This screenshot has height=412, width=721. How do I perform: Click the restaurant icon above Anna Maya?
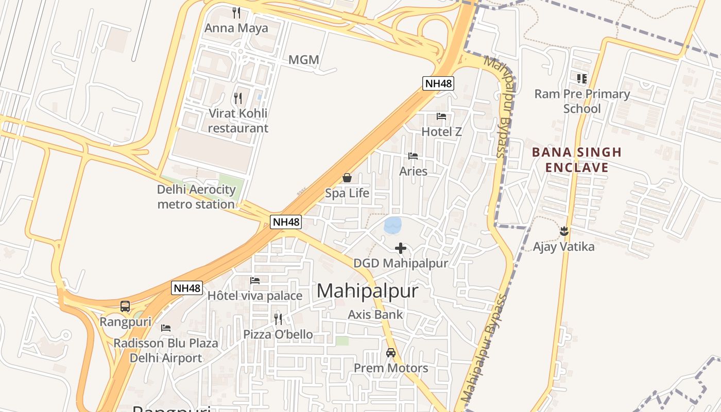pyautogui.click(x=236, y=12)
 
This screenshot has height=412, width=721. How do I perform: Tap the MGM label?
pyautogui.click(x=303, y=60)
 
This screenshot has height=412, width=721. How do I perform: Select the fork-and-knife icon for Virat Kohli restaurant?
pyautogui.click(x=237, y=98)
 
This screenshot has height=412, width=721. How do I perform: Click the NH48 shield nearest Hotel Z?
pyautogui.click(x=438, y=83)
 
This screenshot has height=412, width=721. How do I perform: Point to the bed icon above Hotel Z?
pyautogui.click(x=441, y=116)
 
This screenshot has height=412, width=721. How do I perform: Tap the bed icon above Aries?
pyautogui.click(x=413, y=156)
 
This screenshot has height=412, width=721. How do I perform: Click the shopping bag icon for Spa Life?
pyautogui.click(x=347, y=178)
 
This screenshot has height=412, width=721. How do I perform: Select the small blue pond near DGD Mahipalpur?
pyautogui.click(x=393, y=225)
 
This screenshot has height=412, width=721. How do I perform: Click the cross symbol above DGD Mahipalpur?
pyautogui.click(x=400, y=248)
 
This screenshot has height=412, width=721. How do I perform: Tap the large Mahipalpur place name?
pyautogui.click(x=367, y=291)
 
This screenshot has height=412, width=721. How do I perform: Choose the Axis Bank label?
pyautogui.click(x=375, y=314)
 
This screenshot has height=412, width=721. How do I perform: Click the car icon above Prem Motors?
pyautogui.click(x=390, y=353)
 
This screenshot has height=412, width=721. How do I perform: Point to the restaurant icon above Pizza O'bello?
pyautogui.click(x=278, y=319)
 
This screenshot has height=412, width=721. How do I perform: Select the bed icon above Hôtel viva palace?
pyautogui.click(x=255, y=281)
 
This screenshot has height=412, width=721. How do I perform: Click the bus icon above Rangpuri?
pyautogui.click(x=125, y=306)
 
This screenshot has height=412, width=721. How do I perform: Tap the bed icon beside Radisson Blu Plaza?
pyautogui.click(x=166, y=328)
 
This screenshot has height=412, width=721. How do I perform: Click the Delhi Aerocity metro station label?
pyautogui.click(x=196, y=197)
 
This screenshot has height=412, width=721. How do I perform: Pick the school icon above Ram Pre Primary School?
pyautogui.click(x=582, y=78)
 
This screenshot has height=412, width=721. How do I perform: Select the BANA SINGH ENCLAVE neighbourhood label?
pyautogui.click(x=577, y=160)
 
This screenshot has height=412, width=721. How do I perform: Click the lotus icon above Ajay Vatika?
pyautogui.click(x=563, y=231)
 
